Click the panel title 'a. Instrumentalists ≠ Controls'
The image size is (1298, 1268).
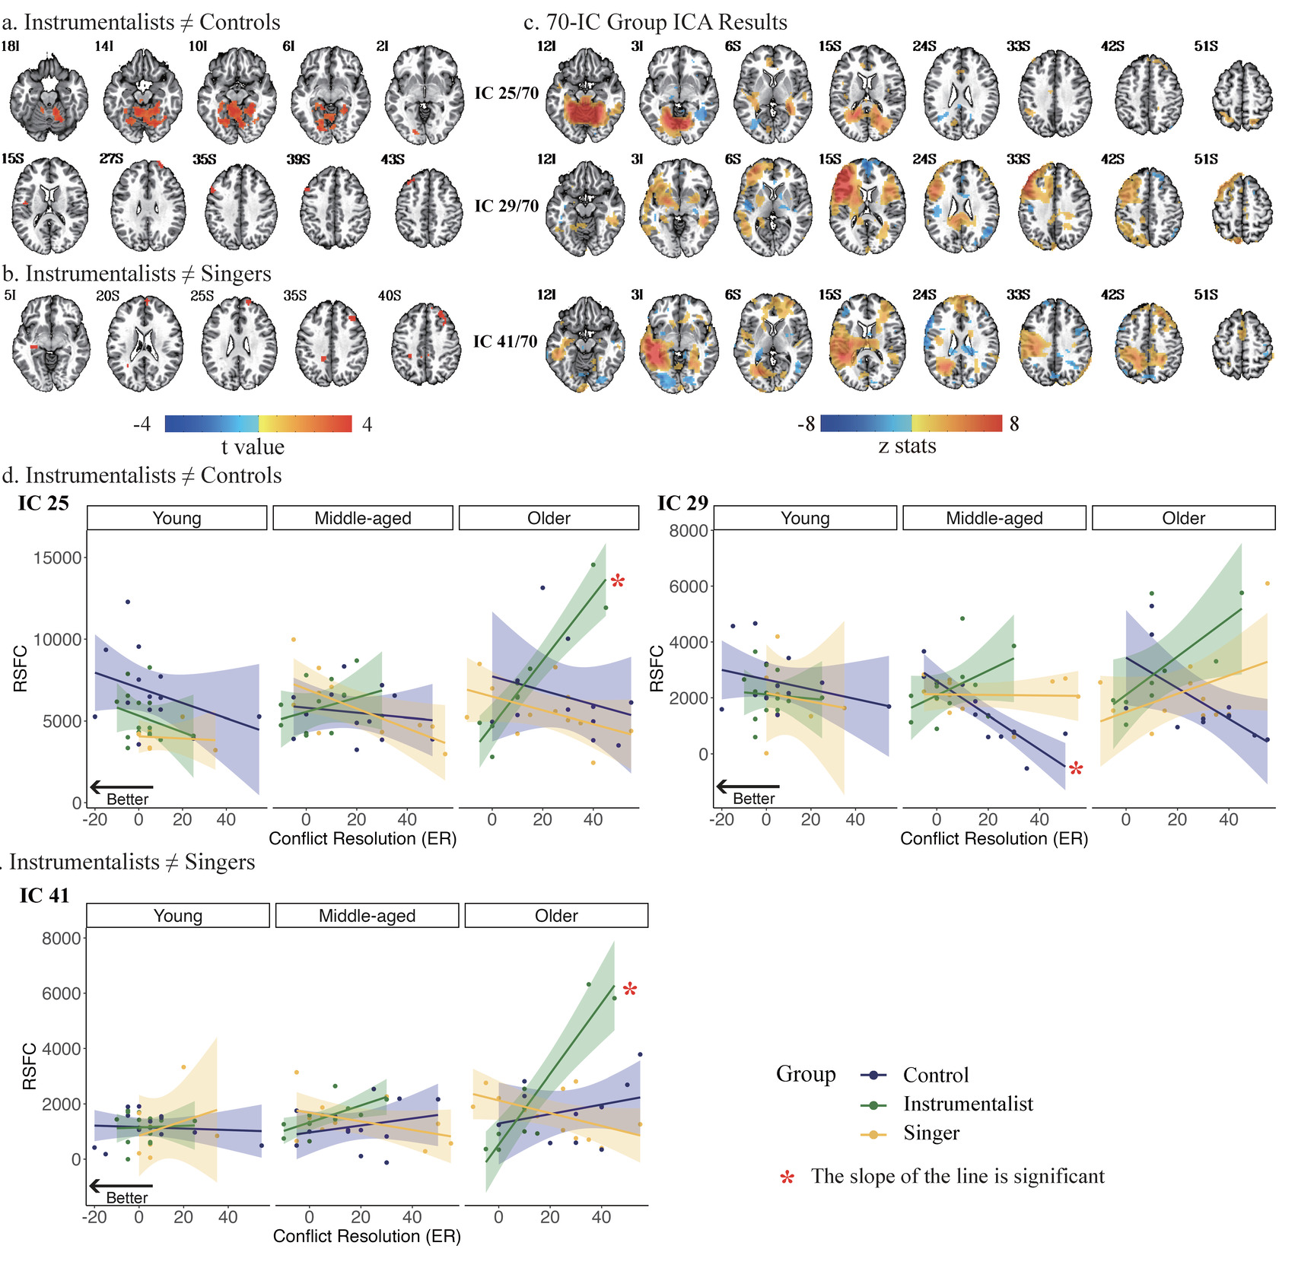tap(142, 22)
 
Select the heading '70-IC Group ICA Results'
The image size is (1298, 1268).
tap(666, 22)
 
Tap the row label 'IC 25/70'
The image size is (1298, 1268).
tap(507, 94)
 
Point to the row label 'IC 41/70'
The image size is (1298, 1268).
tap(505, 342)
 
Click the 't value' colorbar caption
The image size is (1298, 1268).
tap(253, 447)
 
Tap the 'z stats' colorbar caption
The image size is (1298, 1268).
tap(907, 446)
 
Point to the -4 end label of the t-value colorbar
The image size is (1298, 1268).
tap(142, 424)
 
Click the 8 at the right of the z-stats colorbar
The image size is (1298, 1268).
tap(1014, 424)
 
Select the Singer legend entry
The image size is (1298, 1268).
tap(931, 1133)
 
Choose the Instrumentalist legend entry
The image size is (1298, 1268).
tap(968, 1104)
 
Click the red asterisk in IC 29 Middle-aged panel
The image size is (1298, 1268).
tap(1075, 770)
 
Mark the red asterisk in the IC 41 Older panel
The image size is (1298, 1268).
tap(630, 990)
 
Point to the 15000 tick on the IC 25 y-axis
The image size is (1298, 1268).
tap(58, 558)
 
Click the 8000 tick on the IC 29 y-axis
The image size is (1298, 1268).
tap(689, 531)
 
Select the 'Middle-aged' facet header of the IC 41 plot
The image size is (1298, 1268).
tap(367, 916)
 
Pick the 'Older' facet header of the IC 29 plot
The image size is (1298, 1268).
tap(1183, 518)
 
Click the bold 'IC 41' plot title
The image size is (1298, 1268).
tap(44, 896)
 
